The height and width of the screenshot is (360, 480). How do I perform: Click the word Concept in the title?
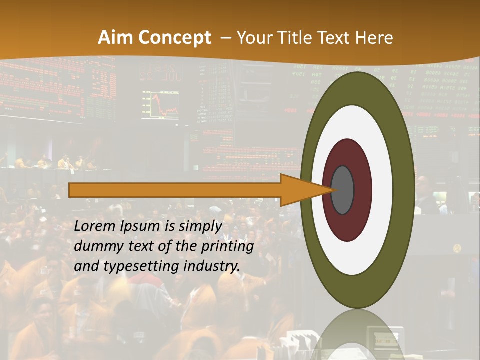175,38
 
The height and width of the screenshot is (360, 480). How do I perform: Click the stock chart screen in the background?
160,105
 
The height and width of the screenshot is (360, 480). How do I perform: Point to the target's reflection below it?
357,335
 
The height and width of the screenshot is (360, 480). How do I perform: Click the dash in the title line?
225,38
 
